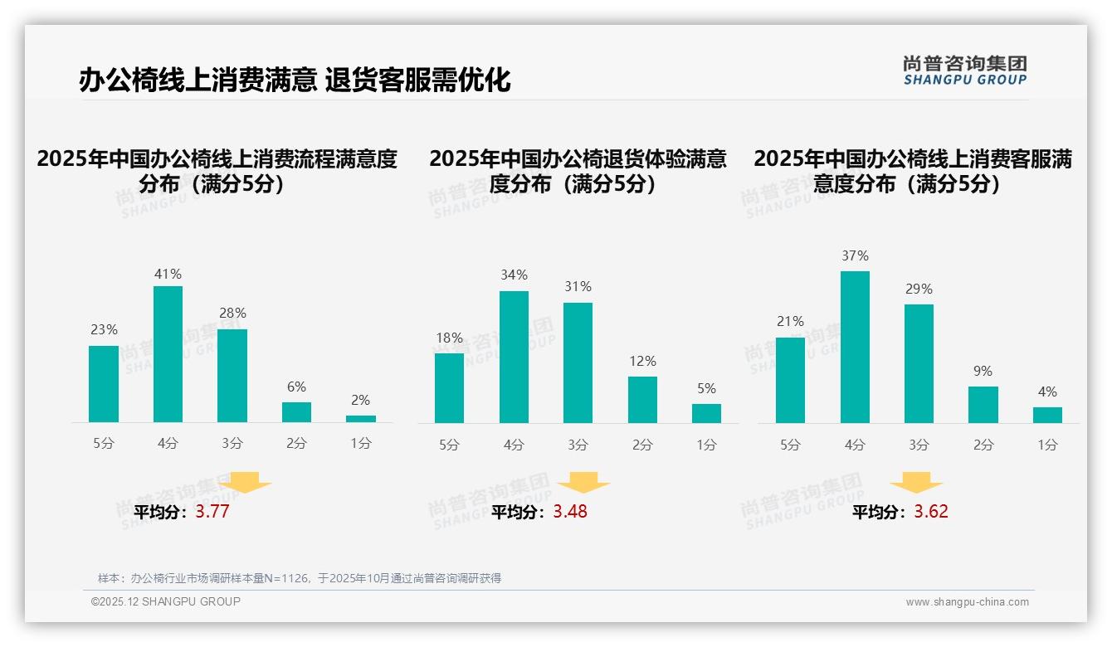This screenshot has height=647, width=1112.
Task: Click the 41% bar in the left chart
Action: pos(168,354)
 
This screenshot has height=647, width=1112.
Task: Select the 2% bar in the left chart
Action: pos(361,419)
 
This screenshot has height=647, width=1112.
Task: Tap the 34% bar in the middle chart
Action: pos(514,357)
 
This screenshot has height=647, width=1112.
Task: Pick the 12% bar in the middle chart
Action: pos(642,400)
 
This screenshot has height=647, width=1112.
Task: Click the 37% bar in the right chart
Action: pos(855,347)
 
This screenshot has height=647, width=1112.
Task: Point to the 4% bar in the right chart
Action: pos(1047,415)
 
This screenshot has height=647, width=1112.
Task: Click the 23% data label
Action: pos(104,329)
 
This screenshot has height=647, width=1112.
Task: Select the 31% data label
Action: pos(578,286)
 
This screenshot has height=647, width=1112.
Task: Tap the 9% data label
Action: pos(983,371)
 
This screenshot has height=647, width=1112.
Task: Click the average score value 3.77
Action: pos(212,512)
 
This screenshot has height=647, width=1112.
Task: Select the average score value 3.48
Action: pos(570,512)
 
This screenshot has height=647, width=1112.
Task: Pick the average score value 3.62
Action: pos(931,512)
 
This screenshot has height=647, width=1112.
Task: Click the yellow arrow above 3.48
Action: pos(583,483)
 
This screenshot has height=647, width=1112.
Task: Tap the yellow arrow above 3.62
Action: pos(916,483)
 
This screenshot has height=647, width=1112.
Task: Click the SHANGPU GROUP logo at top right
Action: pos(964,71)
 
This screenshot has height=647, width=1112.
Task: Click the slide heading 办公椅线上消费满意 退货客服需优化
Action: pos(295,80)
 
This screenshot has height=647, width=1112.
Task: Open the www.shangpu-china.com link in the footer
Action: pos(967,602)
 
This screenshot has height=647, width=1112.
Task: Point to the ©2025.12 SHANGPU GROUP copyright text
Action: pos(166,601)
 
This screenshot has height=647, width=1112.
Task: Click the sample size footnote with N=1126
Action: pos(300,578)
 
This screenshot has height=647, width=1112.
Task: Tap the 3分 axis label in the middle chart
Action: pos(578,445)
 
